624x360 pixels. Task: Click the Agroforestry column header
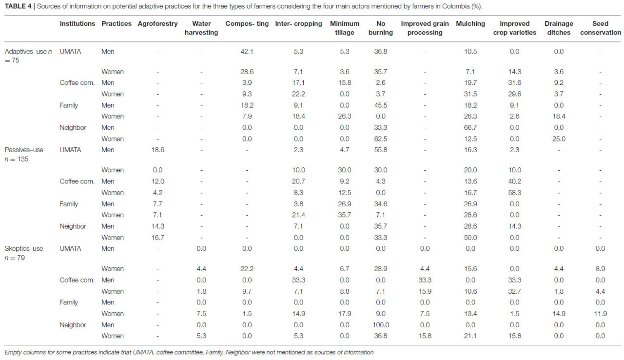(157, 24)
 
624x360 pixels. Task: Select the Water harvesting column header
(201, 28)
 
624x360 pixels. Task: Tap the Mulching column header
(470, 24)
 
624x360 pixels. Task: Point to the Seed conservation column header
(600, 28)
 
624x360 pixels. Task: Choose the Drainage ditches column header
(559, 28)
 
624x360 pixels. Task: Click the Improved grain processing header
(425, 28)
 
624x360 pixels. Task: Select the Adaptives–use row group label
(28, 56)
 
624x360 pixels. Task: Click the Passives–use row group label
(24, 154)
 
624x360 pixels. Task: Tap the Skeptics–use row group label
(24, 253)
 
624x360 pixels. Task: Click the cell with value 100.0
(381, 325)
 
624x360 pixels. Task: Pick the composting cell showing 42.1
(247, 52)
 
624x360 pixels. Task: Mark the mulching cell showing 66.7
(470, 128)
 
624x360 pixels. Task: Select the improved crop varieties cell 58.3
(514, 193)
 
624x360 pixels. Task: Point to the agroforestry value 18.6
(157, 150)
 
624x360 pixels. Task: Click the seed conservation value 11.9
(600, 314)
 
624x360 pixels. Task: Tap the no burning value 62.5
(381, 139)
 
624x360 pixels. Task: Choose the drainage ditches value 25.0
(559, 139)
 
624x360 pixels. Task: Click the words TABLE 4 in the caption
(18, 6)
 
